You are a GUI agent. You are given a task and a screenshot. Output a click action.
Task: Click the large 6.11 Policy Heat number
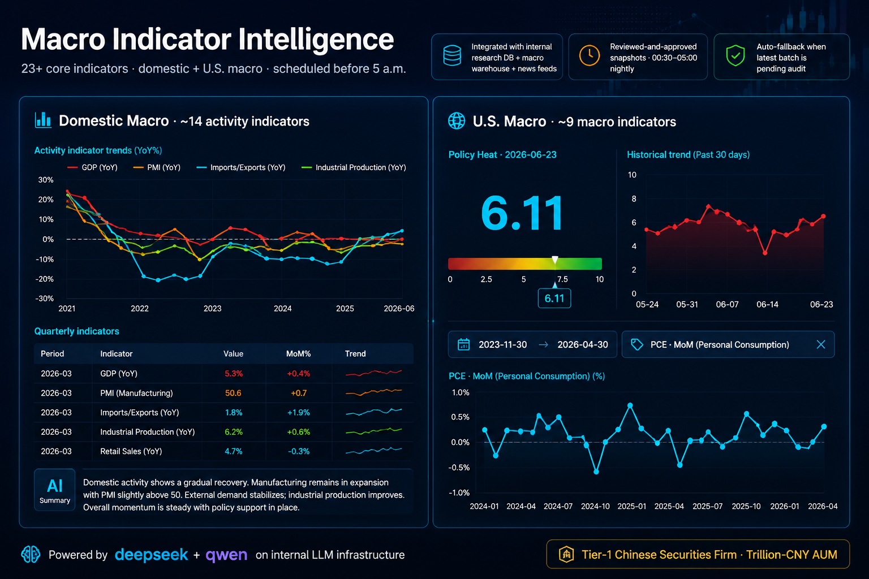click(x=522, y=213)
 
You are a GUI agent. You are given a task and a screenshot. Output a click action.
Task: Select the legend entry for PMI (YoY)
click(x=157, y=167)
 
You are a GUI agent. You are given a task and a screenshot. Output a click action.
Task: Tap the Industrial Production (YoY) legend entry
click(x=354, y=167)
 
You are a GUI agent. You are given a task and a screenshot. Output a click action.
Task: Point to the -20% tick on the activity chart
click(x=45, y=279)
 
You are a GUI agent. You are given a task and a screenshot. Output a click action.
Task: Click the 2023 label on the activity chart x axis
click(x=213, y=308)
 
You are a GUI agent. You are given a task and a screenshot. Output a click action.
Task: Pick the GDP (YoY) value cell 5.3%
click(x=234, y=373)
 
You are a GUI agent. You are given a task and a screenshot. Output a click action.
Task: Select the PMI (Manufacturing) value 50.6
click(x=233, y=393)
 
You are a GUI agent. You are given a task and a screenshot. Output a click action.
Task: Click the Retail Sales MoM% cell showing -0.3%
click(x=299, y=451)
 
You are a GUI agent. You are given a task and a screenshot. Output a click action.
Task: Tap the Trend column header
click(x=355, y=354)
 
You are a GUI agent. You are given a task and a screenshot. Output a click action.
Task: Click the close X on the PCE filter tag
click(x=821, y=344)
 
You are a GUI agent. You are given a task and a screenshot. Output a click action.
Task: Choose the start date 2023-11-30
click(x=503, y=344)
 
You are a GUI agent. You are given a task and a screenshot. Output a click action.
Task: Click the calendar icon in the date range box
click(x=463, y=344)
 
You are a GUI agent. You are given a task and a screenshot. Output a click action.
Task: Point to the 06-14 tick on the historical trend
click(x=767, y=304)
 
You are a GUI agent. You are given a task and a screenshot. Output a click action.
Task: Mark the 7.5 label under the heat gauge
click(x=562, y=279)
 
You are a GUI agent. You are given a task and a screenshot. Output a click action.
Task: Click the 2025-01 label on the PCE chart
click(x=632, y=506)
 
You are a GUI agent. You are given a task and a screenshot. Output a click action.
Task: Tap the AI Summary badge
click(x=55, y=490)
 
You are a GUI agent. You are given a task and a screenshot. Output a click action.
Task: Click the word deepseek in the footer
click(x=151, y=555)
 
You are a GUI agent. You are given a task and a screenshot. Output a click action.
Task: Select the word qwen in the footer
click(x=226, y=555)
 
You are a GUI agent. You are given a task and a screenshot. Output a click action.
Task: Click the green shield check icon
click(x=735, y=56)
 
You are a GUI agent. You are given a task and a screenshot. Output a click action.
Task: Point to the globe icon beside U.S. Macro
click(x=457, y=121)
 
